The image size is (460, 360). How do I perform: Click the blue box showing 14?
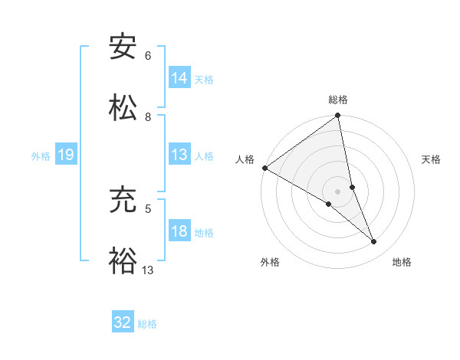pos(179,77)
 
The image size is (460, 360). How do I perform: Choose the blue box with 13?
pos(179,154)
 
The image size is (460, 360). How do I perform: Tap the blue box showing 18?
pos(179,231)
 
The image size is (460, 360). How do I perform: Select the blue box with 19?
pos(65,155)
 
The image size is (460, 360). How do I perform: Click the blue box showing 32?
pos(123,322)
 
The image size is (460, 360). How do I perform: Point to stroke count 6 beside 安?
pos(148,56)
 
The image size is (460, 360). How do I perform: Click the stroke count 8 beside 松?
pos(148,117)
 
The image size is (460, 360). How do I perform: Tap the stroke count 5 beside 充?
pos(148,208)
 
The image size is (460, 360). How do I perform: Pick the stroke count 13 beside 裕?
pos(148,270)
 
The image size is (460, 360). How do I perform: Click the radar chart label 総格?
pos(338,100)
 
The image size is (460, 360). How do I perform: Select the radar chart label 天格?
pos(431,159)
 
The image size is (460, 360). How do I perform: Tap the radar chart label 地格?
pos(402,262)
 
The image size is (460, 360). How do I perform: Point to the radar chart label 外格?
pos(270,262)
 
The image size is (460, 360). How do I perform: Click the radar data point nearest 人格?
pos(264,168)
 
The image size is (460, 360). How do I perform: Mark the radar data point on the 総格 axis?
pos(338,116)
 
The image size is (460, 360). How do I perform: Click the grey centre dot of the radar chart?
pos(338,191)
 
